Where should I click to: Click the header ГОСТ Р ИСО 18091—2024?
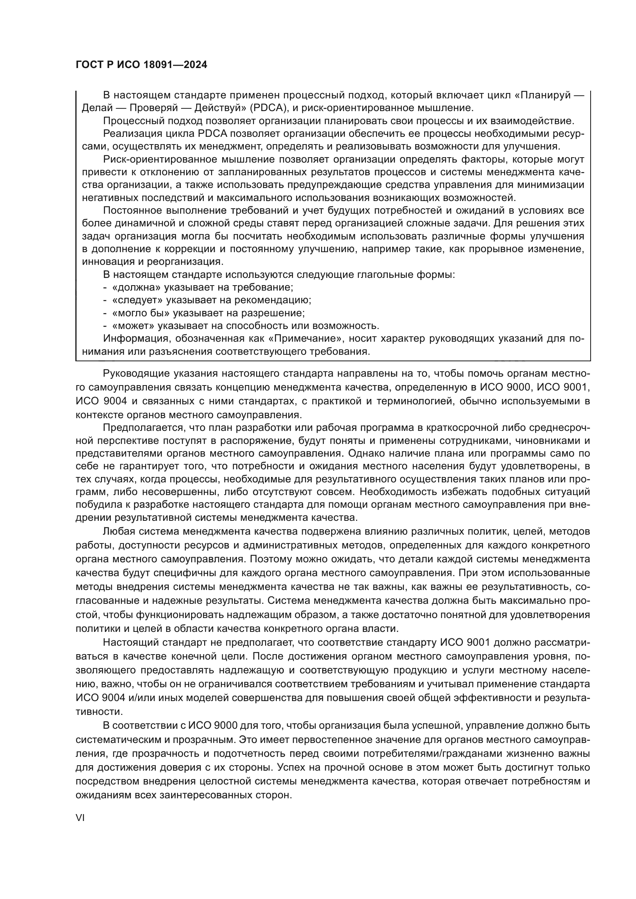141,65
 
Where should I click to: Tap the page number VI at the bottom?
80,817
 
